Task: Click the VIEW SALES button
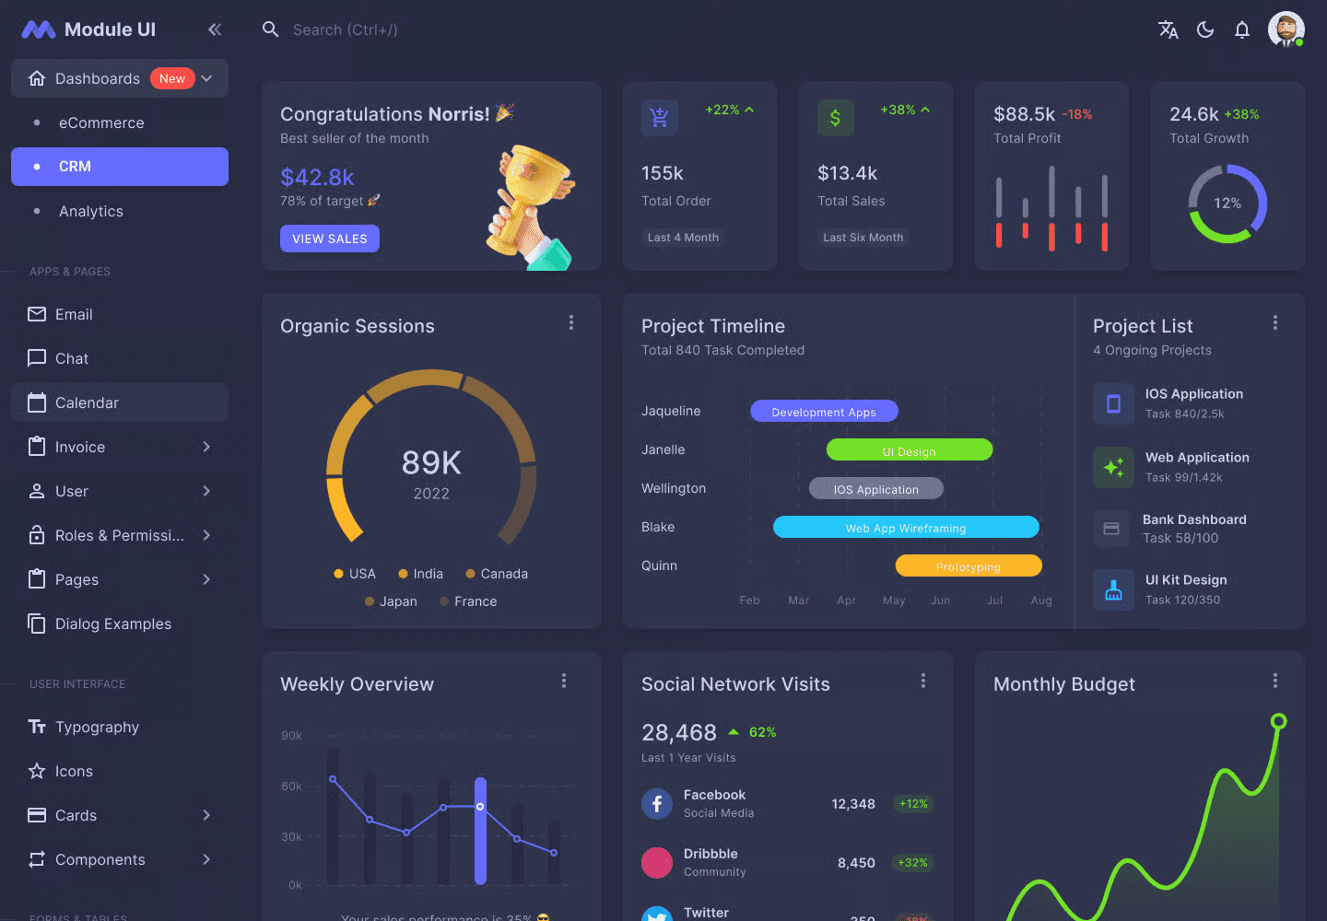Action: point(329,239)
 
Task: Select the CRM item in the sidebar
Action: point(120,167)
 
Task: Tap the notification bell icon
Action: point(1242,29)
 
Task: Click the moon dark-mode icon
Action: point(1205,29)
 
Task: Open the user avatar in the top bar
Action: point(1286,29)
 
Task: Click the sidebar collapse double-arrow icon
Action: point(215,29)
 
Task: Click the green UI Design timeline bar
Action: point(909,450)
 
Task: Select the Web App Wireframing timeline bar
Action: point(906,528)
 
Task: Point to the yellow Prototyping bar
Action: point(968,566)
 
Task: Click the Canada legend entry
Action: point(497,574)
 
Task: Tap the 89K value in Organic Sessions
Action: point(431,462)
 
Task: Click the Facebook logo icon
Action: point(657,804)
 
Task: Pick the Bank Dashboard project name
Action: point(1194,519)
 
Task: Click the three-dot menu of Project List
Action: point(1274,322)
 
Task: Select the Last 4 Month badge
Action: point(683,238)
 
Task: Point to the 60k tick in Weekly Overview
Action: point(291,787)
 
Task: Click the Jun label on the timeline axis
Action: point(940,600)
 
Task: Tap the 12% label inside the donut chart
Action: point(1227,204)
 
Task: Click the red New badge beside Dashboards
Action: point(172,79)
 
